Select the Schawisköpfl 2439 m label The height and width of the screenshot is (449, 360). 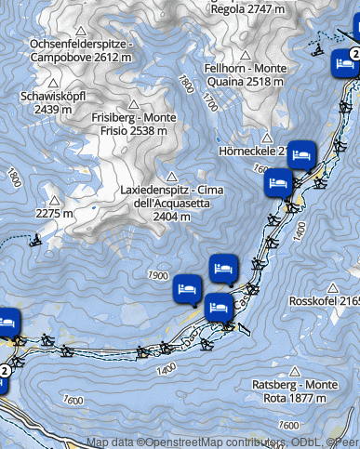click(x=52, y=102)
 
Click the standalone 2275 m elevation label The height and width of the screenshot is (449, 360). click(x=54, y=215)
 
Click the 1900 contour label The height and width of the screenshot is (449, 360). click(x=157, y=276)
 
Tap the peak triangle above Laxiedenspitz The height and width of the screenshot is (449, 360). click(x=170, y=176)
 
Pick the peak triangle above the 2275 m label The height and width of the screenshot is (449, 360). click(x=55, y=200)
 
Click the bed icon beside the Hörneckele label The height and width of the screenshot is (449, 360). click(x=300, y=152)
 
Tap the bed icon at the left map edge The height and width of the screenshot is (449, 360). click(x=6, y=322)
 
